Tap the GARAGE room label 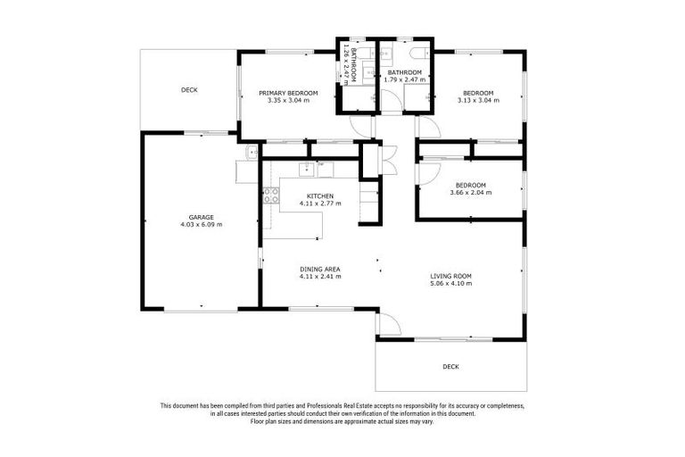click(201, 216)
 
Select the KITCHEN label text click(320, 195)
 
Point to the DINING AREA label click(320, 269)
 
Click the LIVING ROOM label click(450, 276)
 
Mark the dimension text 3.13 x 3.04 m click(478, 100)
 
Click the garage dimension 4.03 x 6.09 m click(201, 224)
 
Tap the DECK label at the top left click(189, 90)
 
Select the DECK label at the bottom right click(450, 367)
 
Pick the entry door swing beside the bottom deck click(389, 323)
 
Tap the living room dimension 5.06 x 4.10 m click(450, 284)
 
